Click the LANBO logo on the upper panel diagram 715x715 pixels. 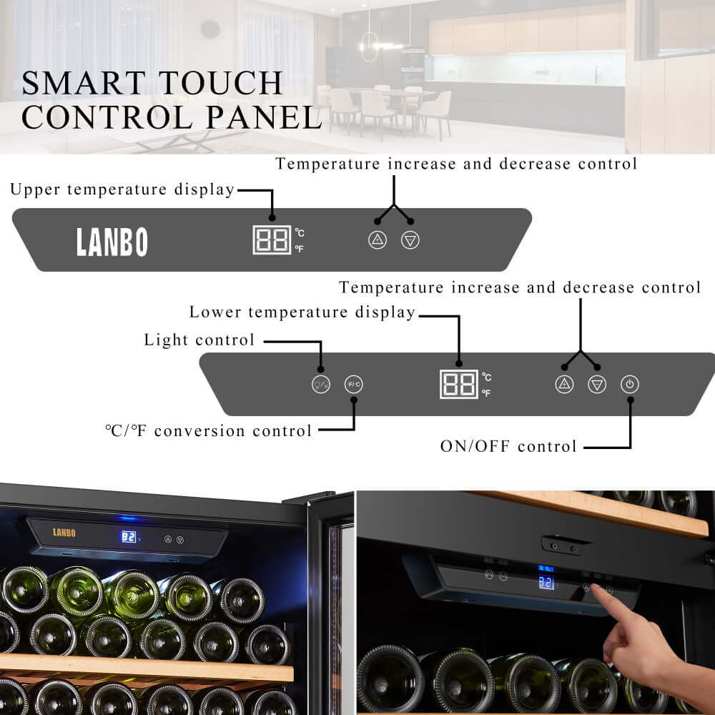coord(112,242)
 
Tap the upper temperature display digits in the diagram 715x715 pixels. coord(272,240)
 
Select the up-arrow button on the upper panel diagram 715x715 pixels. coord(378,240)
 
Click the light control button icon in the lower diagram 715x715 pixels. coord(321,384)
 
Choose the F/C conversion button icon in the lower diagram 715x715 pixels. coord(354,384)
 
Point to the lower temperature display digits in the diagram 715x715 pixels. coord(459,385)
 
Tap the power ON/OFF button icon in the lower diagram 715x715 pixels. coord(629,384)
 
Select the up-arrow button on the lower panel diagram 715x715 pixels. coord(565,384)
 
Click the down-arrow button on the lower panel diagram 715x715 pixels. coord(597,384)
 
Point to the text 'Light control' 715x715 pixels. coord(199,340)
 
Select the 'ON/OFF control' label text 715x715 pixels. coord(508,447)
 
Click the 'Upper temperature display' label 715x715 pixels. coord(122,190)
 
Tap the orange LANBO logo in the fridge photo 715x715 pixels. coord(64,533)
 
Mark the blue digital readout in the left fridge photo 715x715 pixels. coord(129,536)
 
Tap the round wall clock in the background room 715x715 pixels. coord(210,29)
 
